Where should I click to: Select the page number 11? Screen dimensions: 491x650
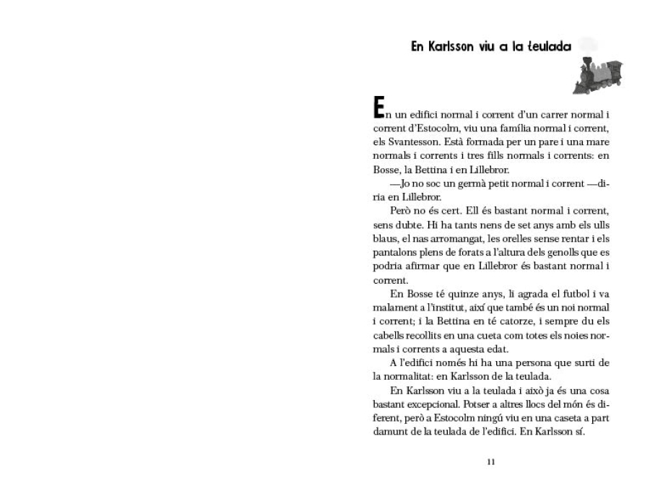pos(491,462)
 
